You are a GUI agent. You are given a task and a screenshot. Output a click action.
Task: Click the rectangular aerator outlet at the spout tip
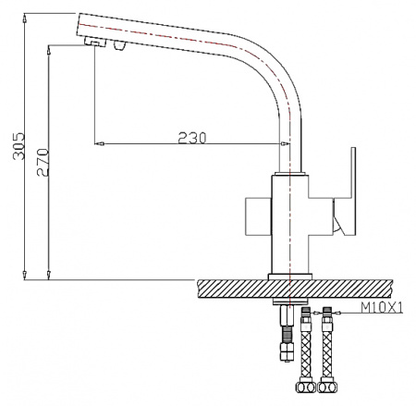pos(94,43)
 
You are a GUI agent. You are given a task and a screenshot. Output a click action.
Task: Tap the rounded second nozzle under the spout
pos(117,47)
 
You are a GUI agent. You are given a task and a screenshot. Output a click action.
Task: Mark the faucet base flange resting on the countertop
pos(289,275)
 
